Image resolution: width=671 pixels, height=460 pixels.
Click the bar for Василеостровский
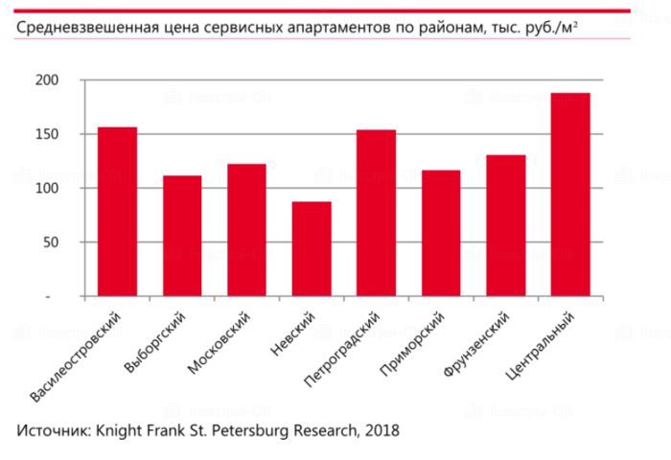(117, 212)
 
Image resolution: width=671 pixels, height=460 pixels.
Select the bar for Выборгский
(182, 236)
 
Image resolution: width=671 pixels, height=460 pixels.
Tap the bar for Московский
(246, 230)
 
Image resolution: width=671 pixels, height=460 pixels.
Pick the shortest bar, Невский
(312, 249)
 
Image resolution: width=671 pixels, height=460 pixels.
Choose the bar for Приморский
(441, 233)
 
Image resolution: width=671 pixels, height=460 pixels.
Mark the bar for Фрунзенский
(505, 225)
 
